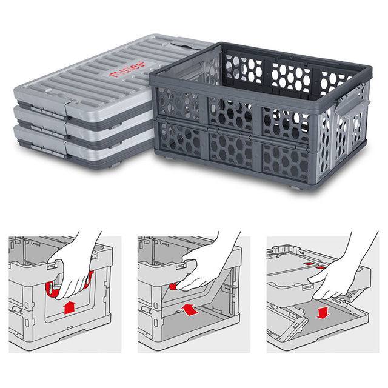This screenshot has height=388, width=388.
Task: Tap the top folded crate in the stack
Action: click(x=91, y=79)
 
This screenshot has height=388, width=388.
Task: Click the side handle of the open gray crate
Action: click(x=358, y=112)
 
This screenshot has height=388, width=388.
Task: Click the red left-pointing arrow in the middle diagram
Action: click(x=190, y=309)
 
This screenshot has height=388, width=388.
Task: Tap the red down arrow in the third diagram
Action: click(x=322, y=312)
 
